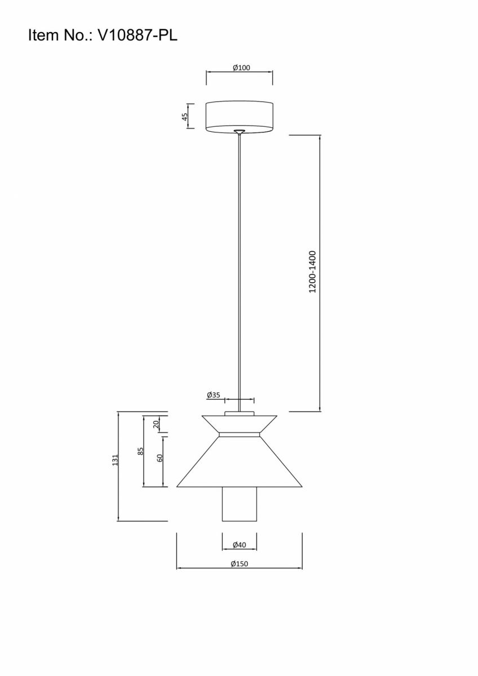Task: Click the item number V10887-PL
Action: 138,35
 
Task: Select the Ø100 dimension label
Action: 242,68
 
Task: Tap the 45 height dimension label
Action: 185,116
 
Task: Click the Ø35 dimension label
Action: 214,395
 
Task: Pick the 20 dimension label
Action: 156,425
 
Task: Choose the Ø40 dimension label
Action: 240,545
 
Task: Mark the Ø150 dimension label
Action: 240,563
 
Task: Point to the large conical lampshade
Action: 240,462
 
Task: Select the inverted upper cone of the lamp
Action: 240,424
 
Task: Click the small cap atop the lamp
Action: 240,413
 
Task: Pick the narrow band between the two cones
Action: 240,434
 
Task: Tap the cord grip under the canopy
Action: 240,132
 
